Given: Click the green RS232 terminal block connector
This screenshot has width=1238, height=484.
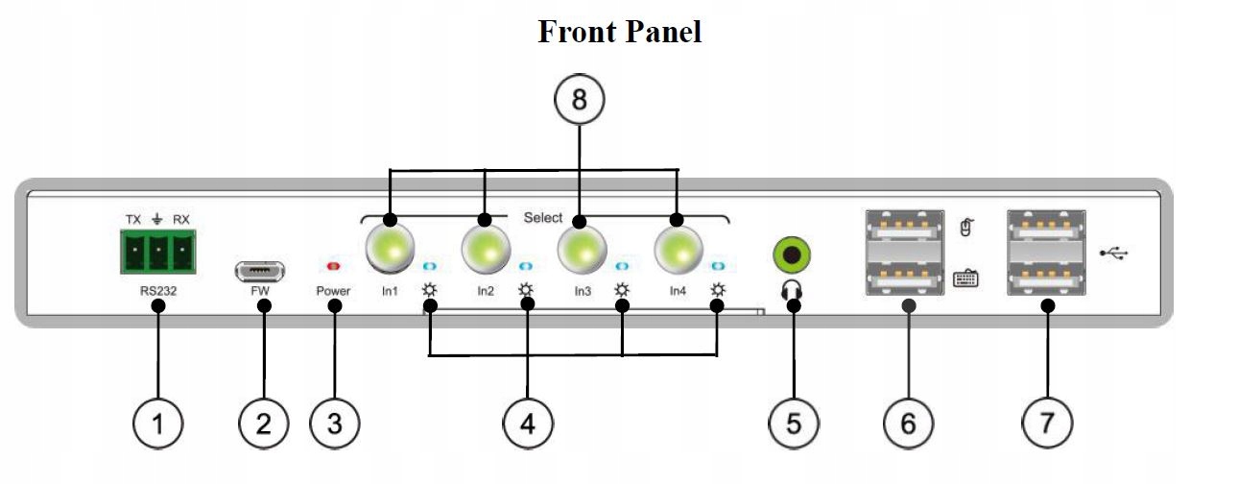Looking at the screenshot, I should click(158, 252).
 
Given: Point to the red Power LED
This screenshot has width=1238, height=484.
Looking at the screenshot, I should click(334, 264).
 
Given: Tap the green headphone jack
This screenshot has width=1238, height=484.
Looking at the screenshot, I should click(793, 255).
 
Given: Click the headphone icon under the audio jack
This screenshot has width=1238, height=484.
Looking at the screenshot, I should click(793, 287).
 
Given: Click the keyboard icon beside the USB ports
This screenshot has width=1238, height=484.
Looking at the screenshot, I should click(965, 278).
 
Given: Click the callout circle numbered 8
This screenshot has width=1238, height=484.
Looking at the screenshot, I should click(579, 99).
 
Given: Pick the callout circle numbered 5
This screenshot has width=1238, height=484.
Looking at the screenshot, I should click(794, 423).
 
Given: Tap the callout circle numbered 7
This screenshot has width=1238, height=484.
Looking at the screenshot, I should click(1047, 423).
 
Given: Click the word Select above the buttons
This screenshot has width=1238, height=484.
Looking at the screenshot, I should click(543, 218).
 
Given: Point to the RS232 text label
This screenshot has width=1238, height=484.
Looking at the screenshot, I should click(159, 287).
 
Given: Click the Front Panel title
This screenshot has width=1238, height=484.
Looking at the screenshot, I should click(619, 31).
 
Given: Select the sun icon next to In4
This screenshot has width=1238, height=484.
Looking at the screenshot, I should click(717, 290).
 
